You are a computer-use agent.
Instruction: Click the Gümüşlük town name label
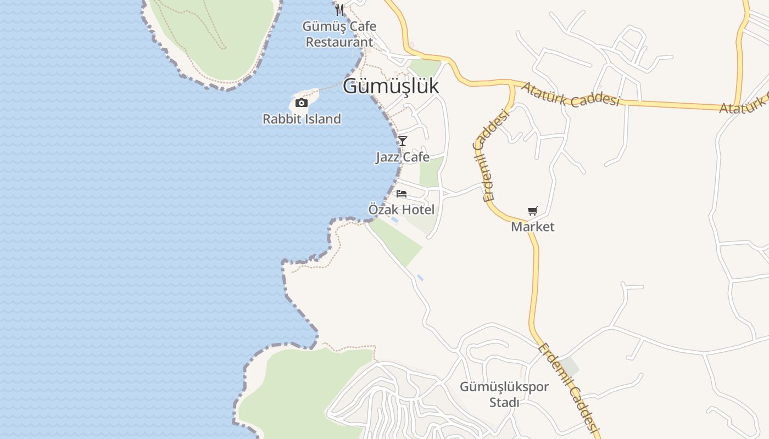click(391, 86)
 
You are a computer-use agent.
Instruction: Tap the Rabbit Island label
click(302, 119)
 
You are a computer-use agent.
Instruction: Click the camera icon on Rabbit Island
click(301, 103)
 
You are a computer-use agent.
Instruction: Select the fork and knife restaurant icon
click(339, 9)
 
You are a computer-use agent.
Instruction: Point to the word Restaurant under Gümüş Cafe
click(339, 42)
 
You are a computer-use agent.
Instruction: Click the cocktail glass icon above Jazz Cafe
click(403, 140)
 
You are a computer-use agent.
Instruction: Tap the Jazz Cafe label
click(403, 157)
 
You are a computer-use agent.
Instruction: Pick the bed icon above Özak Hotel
click(402, 194)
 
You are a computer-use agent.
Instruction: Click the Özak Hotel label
click(402, 210)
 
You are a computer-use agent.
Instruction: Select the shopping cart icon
click(532, 211)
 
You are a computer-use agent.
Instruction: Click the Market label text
click(533, 227)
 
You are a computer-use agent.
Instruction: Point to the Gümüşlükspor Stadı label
click(504, 395)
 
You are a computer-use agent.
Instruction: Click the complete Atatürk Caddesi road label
click(570, 94)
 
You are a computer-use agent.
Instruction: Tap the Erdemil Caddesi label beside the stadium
click(568, 387)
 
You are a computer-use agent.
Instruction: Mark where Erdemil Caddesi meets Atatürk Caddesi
click(511, 83)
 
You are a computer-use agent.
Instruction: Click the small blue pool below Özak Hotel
click(395, 220)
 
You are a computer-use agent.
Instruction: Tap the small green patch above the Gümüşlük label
click(425, 67)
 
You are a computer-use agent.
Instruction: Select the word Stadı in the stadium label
click(504, 403)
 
